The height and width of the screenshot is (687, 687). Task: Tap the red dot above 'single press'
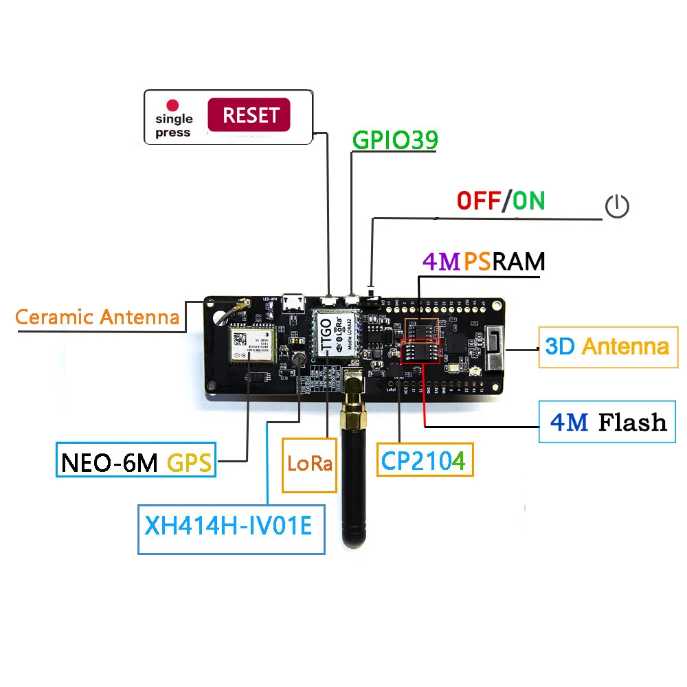coord(173,106)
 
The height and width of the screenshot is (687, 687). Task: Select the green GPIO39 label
coord(395,139)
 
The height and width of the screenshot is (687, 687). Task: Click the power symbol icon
coord(616,205)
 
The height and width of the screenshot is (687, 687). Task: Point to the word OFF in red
coord(479,201)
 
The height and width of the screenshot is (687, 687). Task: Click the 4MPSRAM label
coord(484,262)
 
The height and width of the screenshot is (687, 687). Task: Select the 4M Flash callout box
coord(608,421)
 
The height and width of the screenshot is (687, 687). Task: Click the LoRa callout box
coord(310,464)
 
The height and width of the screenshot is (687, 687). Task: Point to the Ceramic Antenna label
coord(97,317)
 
